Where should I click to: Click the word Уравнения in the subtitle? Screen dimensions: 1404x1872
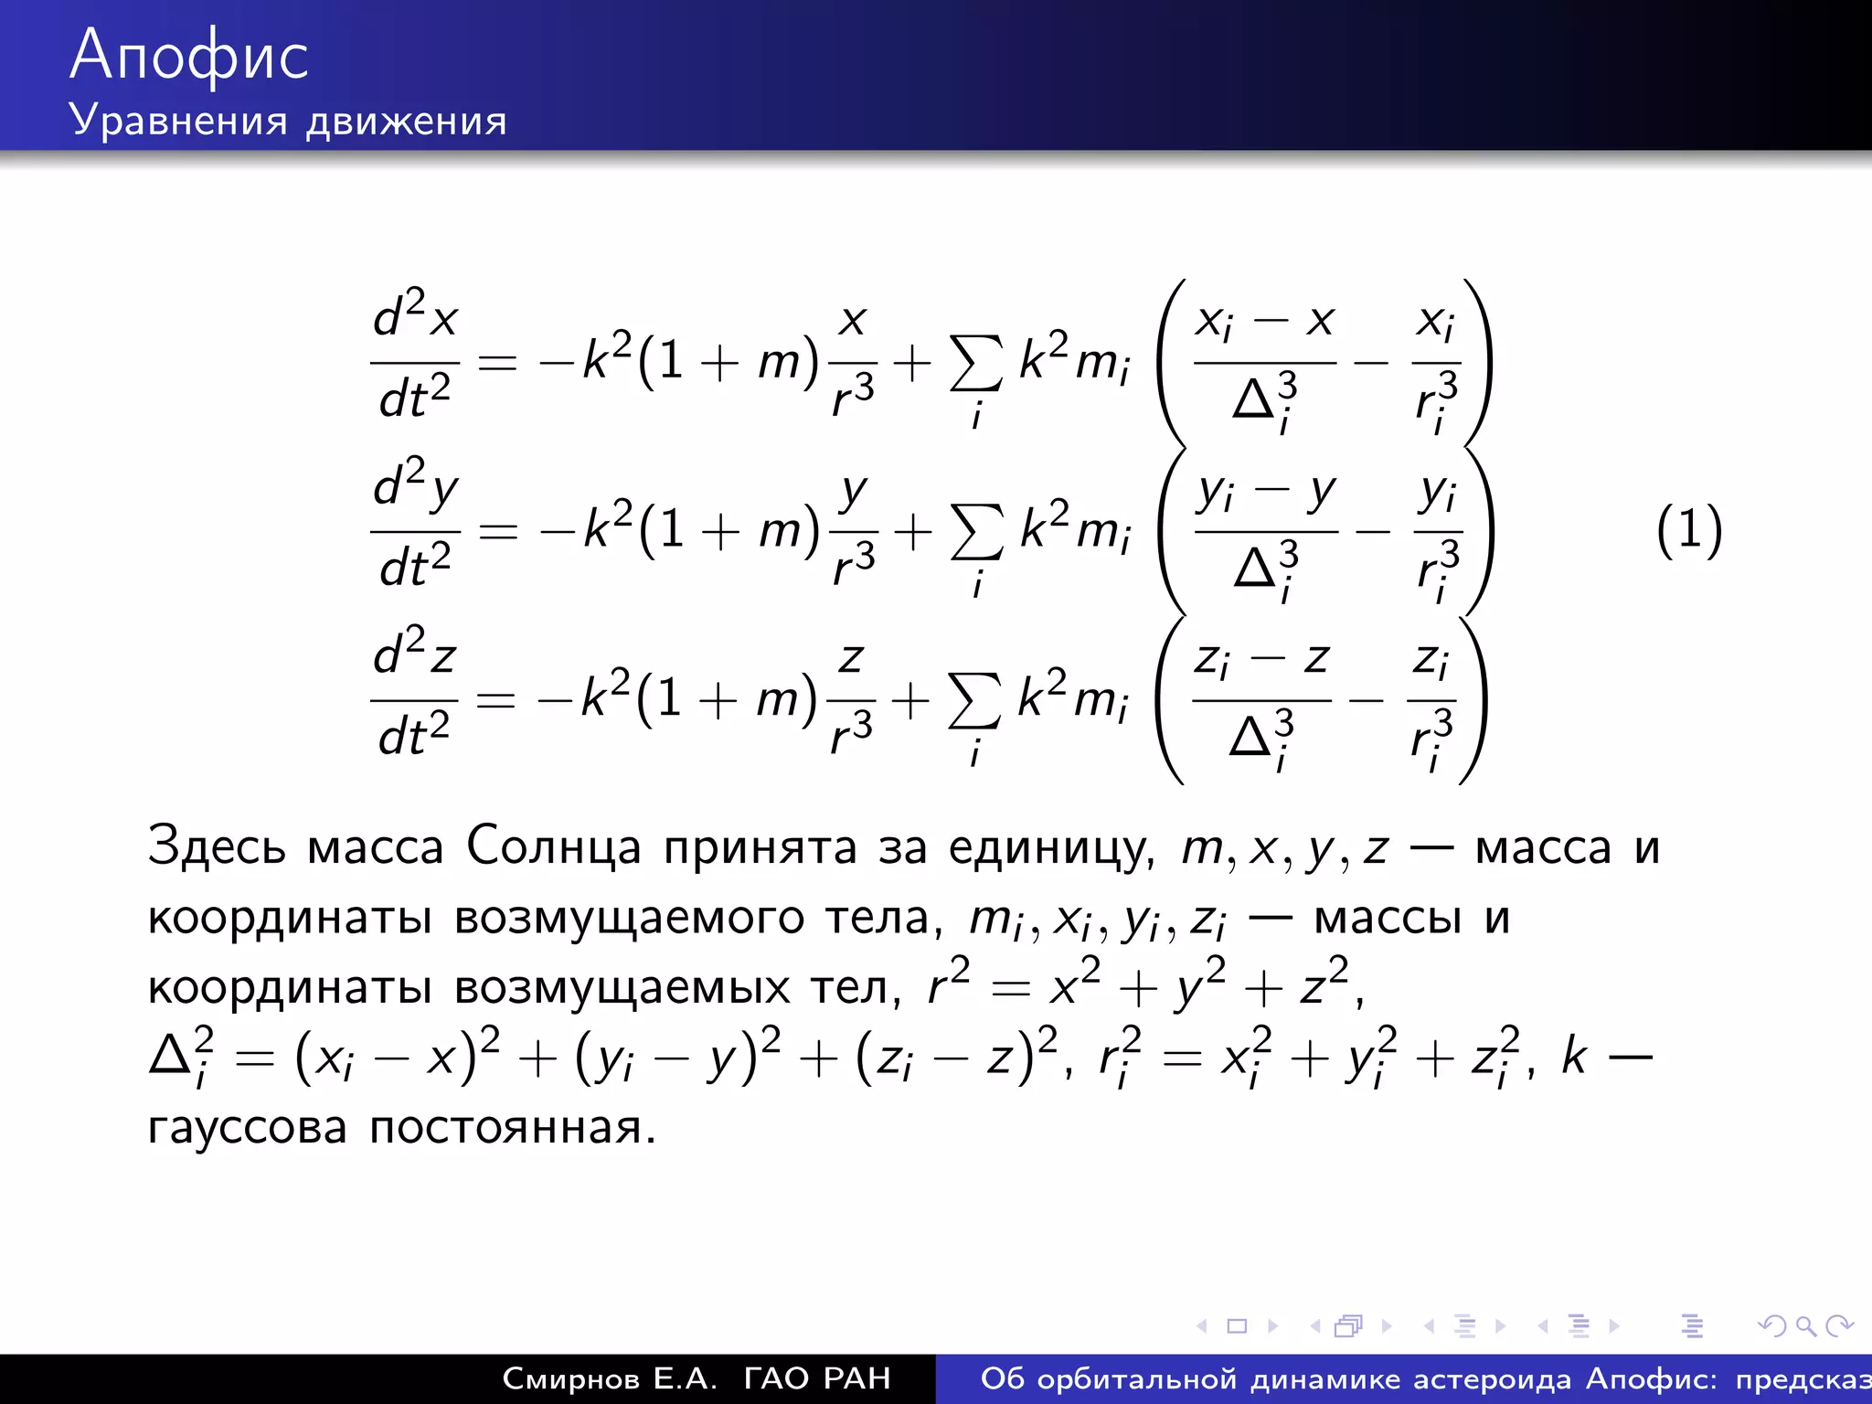point(178,121)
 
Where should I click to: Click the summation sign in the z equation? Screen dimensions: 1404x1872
point(974,702)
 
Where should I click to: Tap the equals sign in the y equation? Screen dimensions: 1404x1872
point(498,531)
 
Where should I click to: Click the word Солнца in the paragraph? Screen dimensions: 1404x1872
point(553,846)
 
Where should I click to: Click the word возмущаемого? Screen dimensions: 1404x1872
point(629,918)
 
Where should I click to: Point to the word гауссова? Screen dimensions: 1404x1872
point(247,1128)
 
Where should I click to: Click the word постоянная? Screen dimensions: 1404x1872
point(512,1128)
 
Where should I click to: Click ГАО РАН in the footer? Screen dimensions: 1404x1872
point(817,1378)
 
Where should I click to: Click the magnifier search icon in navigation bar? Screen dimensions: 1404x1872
point(1805,1325)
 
